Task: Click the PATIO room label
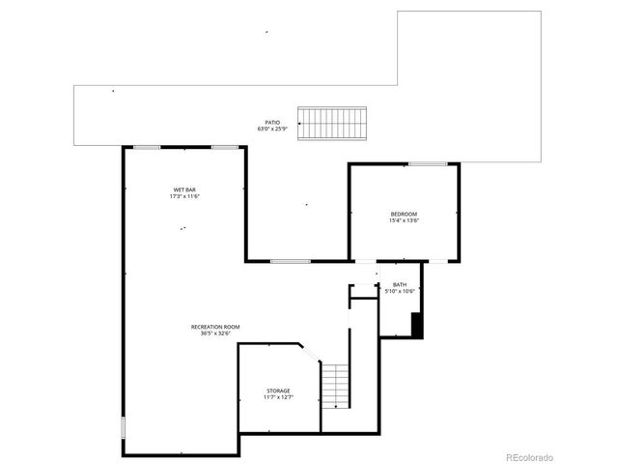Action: click(x=273, y=123)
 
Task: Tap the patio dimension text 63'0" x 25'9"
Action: click(x=273, y=130)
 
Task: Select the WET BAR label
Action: click(x=184, y=188)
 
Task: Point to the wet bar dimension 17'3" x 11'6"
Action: click(x=184, y=196)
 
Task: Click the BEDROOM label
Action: click(x=404, y=214)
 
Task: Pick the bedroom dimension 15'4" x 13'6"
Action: click(x=404, y=220)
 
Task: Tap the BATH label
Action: click(x=400, y=284)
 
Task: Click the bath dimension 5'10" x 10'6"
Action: click(x=400, y=291)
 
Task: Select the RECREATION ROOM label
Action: click(x=215, y=327)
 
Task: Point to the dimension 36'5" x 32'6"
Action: click(x=215, y=334)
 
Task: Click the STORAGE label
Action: click(x=278, y=391)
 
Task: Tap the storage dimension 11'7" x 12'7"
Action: click(x=278, y=397)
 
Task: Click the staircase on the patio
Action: click(x=331, y=123)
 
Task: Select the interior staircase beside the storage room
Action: click(x=334, y=386)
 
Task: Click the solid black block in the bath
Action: click(x=417, y=325)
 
